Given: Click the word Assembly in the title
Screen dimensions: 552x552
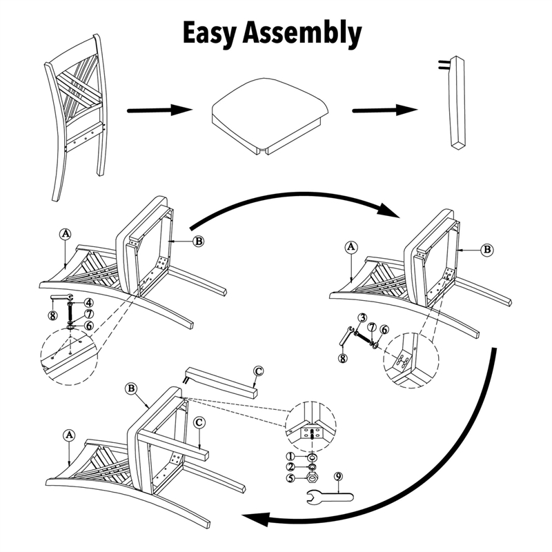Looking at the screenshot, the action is [x=302, y=34].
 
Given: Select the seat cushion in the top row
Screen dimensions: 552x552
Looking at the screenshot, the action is [x=270, y=116].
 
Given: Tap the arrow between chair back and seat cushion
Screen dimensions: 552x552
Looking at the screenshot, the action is [x=159, y=110].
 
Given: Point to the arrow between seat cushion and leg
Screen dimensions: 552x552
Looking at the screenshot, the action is [x=385, y=110].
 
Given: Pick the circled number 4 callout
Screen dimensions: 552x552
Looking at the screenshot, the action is [x=89, y=303].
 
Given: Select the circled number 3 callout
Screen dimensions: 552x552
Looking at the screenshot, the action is [x=363, y=318].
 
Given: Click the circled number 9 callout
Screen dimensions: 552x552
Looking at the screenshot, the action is [x=338, y=477].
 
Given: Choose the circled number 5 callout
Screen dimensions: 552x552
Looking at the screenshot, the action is [x=290, y=478].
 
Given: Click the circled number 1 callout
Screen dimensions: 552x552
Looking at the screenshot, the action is [x=290, y=457].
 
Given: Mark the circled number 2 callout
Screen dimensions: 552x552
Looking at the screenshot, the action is [x=290, y=467].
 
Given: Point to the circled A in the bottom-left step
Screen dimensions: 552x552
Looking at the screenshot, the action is [x=69, y=435].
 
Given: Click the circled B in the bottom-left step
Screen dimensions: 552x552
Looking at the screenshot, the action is [x=131, y=388].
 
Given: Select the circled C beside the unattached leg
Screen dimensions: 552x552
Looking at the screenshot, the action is [x=258, y=371].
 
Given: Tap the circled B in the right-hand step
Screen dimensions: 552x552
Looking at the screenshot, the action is [x=487, y=250].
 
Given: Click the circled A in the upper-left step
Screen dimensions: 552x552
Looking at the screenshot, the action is [x=66, y=234].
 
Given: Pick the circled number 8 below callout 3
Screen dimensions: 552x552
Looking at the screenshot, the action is [x=342, y=358].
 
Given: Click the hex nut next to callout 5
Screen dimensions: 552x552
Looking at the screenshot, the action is [x=313, y=477].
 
